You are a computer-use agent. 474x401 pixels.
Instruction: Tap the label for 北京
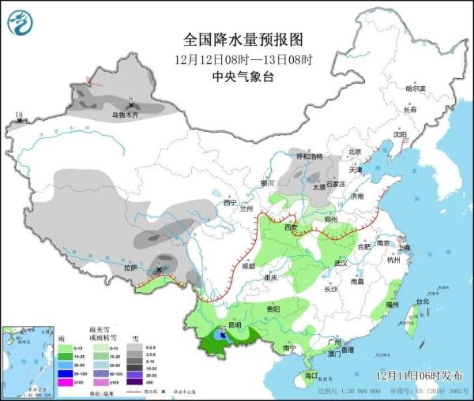[355, 152]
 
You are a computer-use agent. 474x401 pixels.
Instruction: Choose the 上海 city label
[404, 247]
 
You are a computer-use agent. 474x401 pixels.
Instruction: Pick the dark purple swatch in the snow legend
[137, 383]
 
